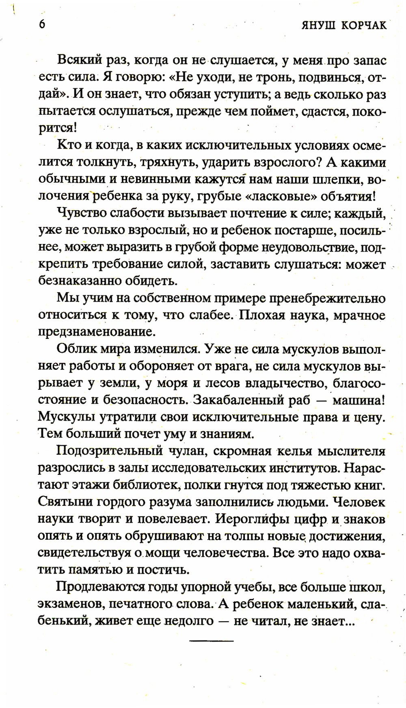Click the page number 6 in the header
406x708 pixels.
(x=42, y=24)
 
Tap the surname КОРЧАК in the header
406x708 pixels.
(x=363, y=25)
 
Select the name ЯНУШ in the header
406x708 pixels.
(x=318, y=25)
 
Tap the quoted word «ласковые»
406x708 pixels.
(x=281, y=196)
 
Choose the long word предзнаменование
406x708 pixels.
(x=97, y=332)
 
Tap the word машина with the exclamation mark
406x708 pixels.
(x=358, y=400)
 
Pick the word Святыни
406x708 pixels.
(x=65, y=502)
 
